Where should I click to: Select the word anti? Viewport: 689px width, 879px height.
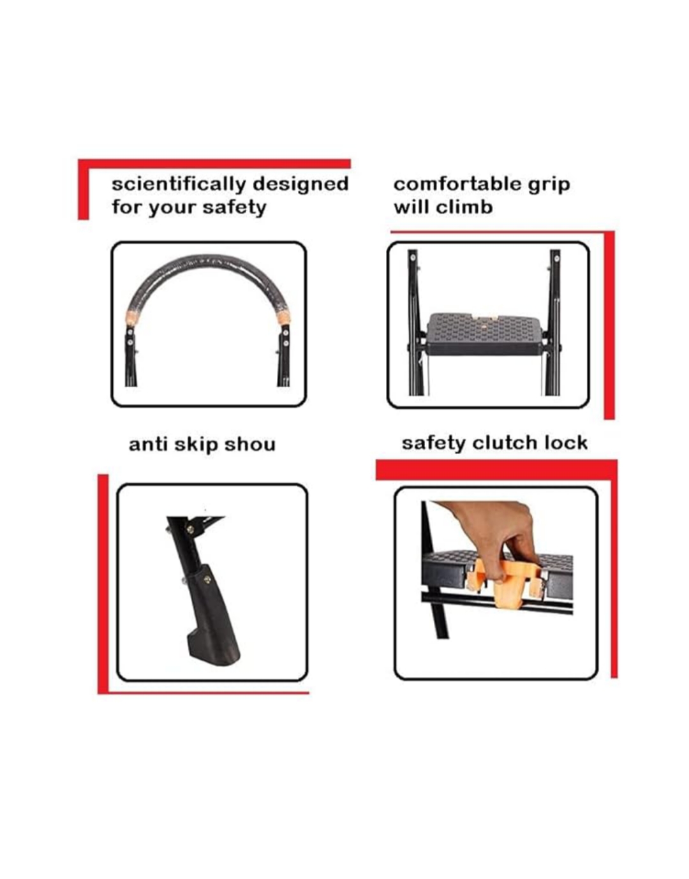[147, 444]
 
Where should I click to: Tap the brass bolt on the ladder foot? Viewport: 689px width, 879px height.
[207, 579]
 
